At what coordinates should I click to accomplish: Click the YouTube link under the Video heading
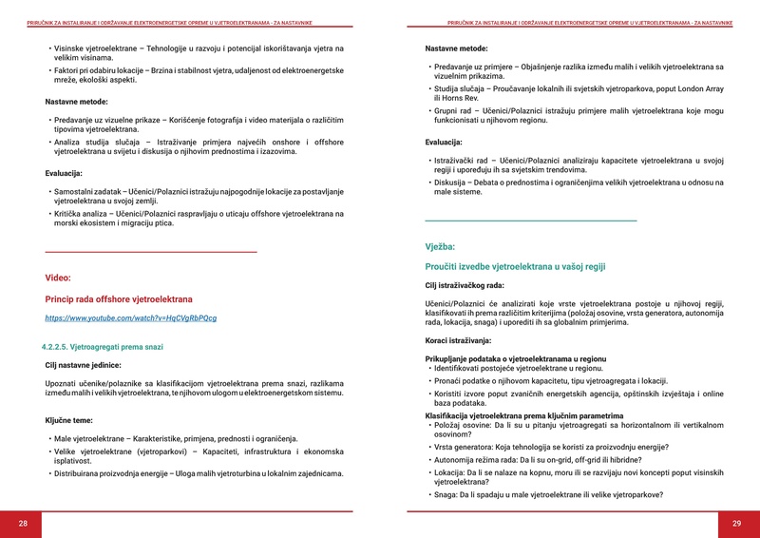point(131,317)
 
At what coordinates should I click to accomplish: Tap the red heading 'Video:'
point(58,278)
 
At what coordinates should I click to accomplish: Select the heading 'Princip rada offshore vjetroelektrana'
point(119,298)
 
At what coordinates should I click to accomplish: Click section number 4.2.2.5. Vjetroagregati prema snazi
point(103,347)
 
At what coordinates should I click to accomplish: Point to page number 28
point(23,524)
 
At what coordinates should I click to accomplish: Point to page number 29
point(736,524)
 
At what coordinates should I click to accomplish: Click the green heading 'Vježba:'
point(440,246)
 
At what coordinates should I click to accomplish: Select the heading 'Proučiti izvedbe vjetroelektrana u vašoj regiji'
point(515,267)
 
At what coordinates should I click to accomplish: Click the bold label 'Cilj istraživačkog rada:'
point(465,285)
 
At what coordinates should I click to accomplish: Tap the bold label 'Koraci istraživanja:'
point(458,339)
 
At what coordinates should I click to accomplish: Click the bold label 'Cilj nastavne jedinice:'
point(84,364)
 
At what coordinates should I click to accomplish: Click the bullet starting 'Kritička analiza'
point(196,219)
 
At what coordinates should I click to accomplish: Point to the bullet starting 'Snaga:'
point(548,494)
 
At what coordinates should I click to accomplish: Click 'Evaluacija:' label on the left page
point(64,173)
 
